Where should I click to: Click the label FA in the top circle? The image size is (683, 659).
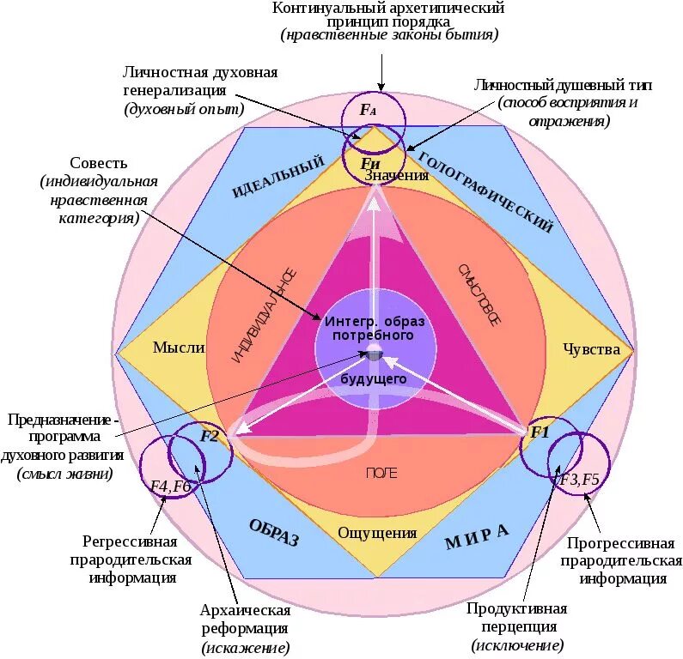(368, 111)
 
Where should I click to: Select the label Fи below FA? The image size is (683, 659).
(370, 162)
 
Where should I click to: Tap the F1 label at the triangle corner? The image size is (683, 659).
(539, 432)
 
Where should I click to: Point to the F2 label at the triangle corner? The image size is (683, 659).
(210, 436)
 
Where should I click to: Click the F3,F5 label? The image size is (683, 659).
(580, 478)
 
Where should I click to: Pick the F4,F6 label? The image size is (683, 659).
(170, 486)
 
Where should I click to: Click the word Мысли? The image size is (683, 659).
(179, 348)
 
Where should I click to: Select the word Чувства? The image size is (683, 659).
(591, 348)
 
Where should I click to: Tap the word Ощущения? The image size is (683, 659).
(376, 533)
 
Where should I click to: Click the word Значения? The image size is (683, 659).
(397, 176)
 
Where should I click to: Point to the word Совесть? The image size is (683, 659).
(99, 163)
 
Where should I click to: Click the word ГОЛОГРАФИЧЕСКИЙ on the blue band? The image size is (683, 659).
(485, 191)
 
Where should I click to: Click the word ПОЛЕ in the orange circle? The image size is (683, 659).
(381, 473)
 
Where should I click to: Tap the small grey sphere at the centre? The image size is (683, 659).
(375, 351)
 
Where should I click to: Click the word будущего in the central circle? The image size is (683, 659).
(374, 378)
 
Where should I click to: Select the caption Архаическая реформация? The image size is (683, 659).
(245, 620)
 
